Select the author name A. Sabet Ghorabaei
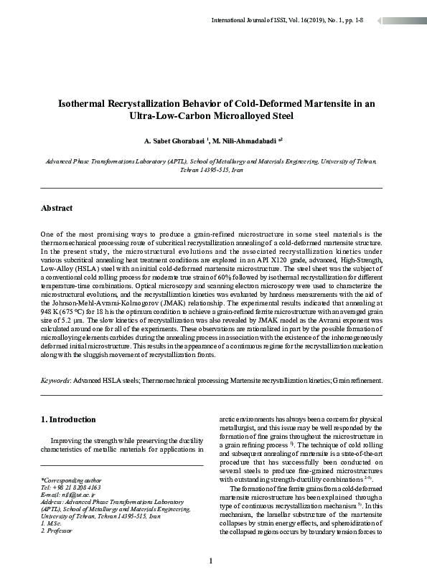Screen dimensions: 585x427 click(x=172, y=141)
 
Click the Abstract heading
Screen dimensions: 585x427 click(x=57, y=209)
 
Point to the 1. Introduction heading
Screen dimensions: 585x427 click(x=69, y=419)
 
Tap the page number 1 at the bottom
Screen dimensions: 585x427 click(x=212, y=561)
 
